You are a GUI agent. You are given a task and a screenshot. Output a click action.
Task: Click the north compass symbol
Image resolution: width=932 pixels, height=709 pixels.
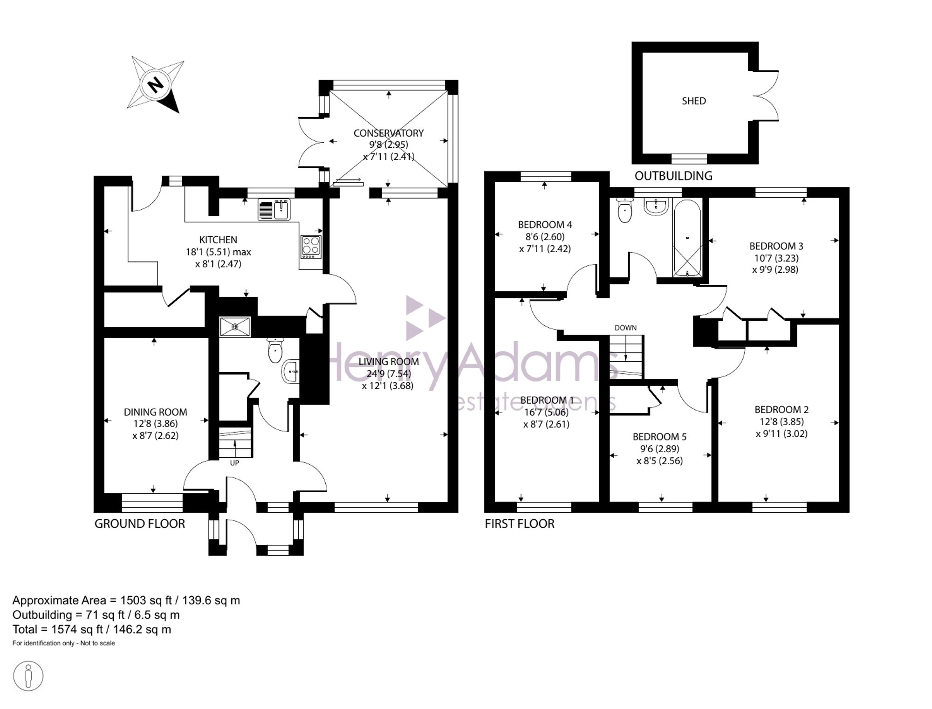coord(156,84)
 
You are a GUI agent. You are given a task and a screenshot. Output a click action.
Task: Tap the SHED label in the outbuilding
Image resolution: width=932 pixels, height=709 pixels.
coord(693,101)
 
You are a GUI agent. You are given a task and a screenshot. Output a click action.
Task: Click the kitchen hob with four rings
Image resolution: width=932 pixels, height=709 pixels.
coord(311,247)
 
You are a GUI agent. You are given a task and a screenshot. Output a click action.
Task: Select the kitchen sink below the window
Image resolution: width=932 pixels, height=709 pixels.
coord(274,210)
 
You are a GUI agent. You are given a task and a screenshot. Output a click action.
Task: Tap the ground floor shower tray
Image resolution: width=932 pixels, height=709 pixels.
coord(235,327)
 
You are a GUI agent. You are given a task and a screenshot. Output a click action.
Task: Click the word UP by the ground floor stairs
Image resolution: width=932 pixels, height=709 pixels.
coord(234,463)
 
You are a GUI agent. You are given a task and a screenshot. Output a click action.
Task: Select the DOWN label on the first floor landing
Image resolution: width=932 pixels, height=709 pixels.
coord(625,328)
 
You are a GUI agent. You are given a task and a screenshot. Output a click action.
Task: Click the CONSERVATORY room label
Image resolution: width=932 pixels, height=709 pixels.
coord(388,133)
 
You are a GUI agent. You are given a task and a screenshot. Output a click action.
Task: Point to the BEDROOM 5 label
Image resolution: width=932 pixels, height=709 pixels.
coord(659,437)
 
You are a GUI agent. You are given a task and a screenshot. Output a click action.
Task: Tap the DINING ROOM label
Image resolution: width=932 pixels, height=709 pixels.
coord(155,412)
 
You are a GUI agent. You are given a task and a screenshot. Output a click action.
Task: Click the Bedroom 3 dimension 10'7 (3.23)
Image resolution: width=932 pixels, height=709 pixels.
coord(775,258)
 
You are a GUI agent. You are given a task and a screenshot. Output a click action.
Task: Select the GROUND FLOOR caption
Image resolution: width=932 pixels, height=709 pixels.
coord(140,524)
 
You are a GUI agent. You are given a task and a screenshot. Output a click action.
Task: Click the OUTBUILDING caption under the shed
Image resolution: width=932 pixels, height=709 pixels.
coord(673,176)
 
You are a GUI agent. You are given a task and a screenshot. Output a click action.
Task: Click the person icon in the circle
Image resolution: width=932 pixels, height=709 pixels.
coord(28,676)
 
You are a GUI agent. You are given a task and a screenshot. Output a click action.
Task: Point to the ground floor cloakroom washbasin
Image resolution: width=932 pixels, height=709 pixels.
coord(290,372)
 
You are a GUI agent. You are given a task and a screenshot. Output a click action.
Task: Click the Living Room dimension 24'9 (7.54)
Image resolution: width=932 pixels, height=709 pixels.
coord(389,374)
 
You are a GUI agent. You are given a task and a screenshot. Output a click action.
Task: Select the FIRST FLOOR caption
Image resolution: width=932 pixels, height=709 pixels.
coord(520,524)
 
